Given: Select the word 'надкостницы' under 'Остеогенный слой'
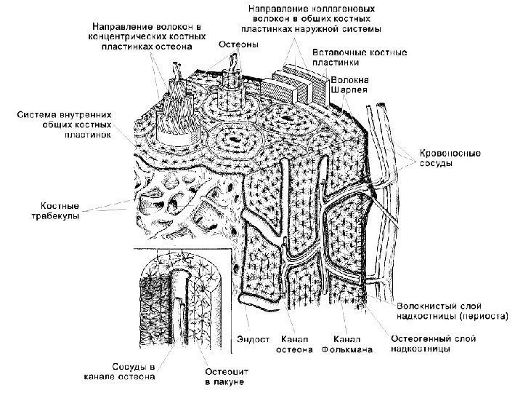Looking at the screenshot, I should (421, 349).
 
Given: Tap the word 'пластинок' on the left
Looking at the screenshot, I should (86, 135).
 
